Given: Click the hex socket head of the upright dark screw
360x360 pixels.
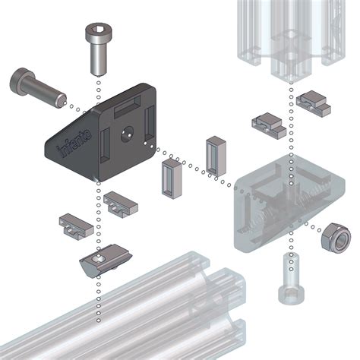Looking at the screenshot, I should (96, 33).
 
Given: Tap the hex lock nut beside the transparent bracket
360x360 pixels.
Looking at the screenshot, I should (335, 238).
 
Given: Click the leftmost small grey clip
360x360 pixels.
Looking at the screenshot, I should (77, 225).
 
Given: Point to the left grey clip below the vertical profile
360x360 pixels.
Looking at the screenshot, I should (269, 125).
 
